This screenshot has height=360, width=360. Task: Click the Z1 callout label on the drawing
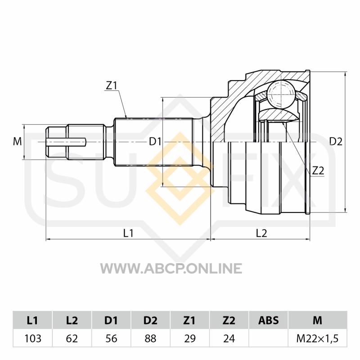click(112, 85)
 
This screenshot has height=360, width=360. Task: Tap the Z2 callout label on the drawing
click(318, 171)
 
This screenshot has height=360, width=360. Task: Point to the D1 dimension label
click(155, 142)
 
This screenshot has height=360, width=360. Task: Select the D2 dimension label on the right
click(336, 141)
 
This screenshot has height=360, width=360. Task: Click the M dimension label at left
click(18, 141)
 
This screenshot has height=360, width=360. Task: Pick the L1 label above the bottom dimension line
click(128, 233)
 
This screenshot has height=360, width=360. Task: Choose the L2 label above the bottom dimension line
click(261, 233)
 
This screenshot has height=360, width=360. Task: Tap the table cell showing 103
click(32, 338)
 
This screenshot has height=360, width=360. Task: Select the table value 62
click(72, 338)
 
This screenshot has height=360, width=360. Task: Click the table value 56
click(111, 338)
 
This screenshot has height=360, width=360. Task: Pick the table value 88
click(150, 338)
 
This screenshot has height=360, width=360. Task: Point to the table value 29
click(189, 338)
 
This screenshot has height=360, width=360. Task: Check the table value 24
click(229, 338)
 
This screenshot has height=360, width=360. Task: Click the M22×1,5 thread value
click(318, 338)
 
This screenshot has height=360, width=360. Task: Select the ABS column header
click(268, 320)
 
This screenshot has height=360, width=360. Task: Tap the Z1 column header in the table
click(189, 320)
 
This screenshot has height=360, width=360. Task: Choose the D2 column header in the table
click(150, 320)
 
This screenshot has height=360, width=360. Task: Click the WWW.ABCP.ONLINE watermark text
click(171, 268)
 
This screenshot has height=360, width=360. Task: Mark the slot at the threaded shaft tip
click(66, 142)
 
